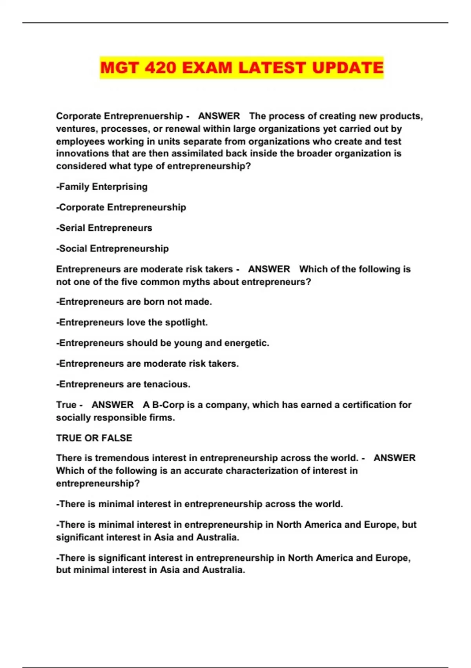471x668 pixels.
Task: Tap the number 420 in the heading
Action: [160, 68]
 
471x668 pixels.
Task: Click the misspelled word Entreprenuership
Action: [144, 116]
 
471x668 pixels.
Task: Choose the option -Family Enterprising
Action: [102, 187]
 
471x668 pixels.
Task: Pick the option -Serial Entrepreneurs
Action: [104, 228]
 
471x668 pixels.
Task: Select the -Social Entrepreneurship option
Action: [113, 248]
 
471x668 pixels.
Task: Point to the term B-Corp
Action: [168, 405]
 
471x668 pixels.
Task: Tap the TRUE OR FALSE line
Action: [94, 438]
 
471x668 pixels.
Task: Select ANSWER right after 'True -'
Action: [113, 405]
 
